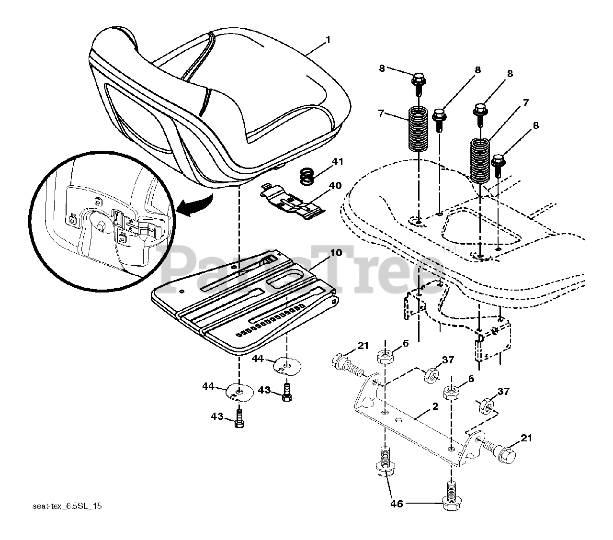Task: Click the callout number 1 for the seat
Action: tap(328, 40)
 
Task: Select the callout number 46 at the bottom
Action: tap(397, 503)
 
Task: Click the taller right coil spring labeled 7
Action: tap(479, 160)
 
